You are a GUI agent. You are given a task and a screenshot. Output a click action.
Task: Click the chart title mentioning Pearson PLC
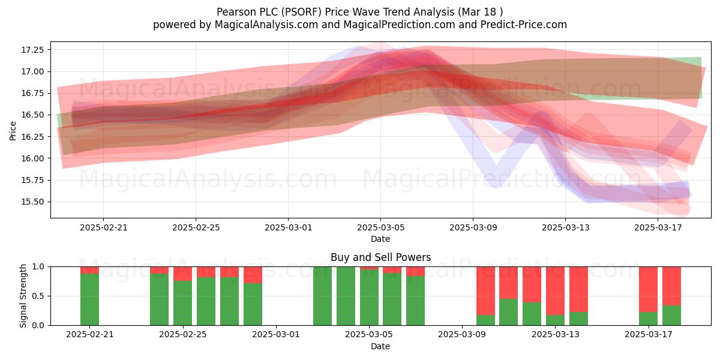[x=359, y=12]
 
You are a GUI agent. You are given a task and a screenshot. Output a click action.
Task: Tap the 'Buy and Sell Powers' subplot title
[x=380, y=257]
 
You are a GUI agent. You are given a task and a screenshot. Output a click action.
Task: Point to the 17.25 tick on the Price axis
[x=32, y=50]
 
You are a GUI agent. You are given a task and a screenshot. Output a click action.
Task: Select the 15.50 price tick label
[x=32, y=202]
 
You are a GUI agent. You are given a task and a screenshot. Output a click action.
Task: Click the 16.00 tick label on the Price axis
[x=32, y=158]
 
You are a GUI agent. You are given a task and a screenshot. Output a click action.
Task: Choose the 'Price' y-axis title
[x=13, y=131]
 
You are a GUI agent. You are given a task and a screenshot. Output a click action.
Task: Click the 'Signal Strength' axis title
[x=23, y=296]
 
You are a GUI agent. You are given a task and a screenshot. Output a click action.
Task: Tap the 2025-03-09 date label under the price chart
[x=473, y=228]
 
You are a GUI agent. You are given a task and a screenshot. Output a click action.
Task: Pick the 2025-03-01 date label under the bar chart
[x=276, y=335]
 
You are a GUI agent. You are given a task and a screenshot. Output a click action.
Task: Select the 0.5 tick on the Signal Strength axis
[x=38, y=296]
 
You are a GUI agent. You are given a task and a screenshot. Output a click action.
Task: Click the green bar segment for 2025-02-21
[x=89, y=299]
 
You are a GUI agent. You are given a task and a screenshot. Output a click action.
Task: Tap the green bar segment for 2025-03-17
[x=649, y=319]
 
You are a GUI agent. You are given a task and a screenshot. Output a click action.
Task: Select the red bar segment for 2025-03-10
[x=485, y=291]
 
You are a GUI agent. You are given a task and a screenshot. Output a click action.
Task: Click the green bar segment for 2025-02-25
[x=182, y=303]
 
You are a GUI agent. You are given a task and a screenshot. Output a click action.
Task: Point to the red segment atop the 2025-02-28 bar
[x=253, y=275]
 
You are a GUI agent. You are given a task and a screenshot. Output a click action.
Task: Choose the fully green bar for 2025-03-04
[x=346, y=296]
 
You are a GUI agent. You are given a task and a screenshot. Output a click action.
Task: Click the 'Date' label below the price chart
[x=380, y=239]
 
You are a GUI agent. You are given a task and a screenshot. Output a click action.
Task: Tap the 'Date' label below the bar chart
[x=380, y=347]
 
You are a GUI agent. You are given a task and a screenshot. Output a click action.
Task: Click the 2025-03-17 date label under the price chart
[x=658, y=228]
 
